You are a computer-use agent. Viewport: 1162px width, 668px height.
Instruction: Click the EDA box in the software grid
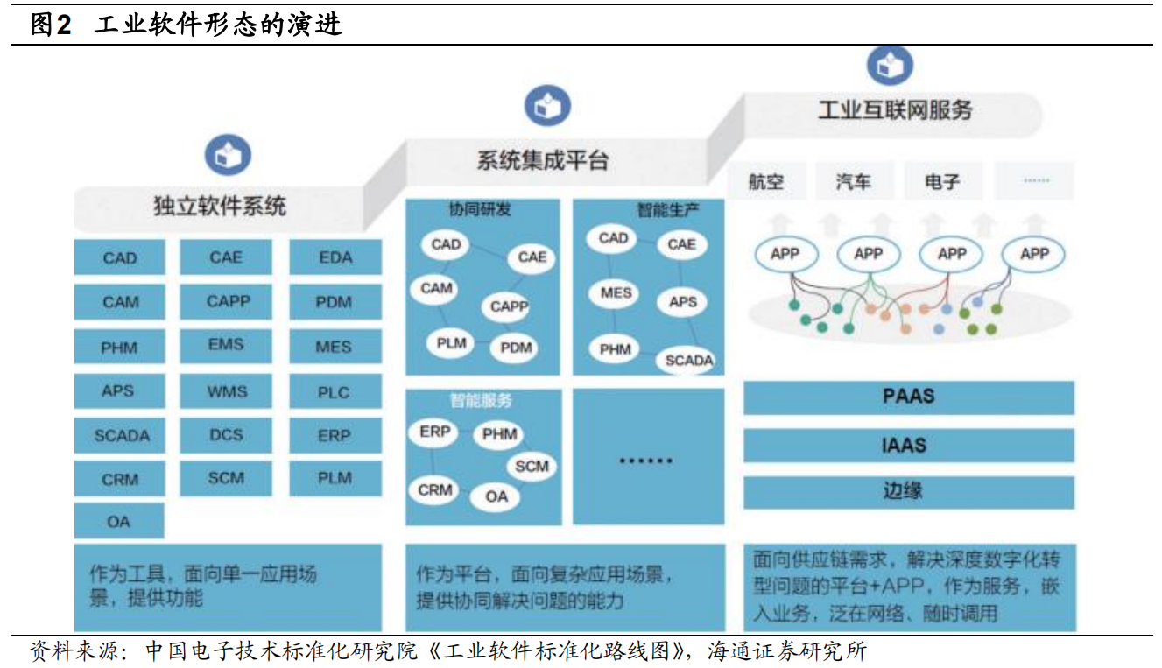click(335, 257)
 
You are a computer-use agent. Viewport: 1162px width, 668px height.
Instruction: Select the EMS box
click(226, 345)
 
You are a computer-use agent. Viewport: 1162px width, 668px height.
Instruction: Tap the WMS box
click(226, 391)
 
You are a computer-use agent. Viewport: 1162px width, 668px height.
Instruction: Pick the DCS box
click(226, 435)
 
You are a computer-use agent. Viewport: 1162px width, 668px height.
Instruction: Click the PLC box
click(335, 391)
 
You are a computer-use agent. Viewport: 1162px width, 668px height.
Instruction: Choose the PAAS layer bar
click(908, 397)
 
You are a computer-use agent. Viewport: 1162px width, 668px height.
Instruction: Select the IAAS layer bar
click(908, 445)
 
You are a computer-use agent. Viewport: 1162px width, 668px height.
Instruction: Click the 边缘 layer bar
click(908, 491)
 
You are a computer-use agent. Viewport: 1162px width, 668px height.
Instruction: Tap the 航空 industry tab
click(766, 182)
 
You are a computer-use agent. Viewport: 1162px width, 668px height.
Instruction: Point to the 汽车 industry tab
click(854, 182)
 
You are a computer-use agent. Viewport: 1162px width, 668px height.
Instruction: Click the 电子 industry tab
click(941, 182)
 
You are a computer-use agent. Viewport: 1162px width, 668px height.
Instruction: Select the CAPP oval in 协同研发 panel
click(509, 306)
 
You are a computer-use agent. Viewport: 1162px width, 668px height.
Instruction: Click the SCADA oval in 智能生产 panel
click(689, 360)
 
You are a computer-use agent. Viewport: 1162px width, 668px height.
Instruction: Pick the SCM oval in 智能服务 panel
click(531, 466)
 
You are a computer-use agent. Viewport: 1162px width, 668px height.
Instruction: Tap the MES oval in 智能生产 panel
click(616, 293)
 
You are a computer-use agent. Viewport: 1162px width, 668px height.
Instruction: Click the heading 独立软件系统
click(220, 207)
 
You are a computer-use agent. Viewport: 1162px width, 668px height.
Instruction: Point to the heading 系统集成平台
click(543, 161)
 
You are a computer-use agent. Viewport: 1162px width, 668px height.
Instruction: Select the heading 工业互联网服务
click(894, 110)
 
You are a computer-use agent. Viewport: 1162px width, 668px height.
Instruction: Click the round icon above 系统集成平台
click(547, 106)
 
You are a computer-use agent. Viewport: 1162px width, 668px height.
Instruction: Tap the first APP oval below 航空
click(785, 254)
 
